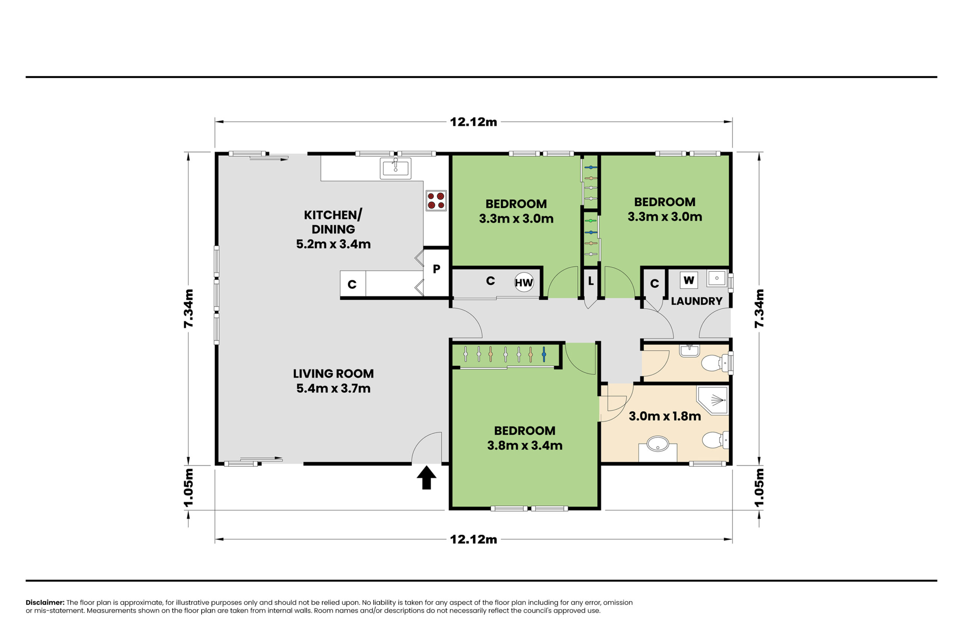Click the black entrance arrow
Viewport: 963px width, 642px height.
pos(426,477)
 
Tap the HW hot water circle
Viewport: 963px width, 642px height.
pos(524,282)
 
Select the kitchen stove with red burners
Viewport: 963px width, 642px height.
pos(436,200)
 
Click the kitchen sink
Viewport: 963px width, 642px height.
pos(395,168)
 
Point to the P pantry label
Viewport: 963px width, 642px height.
pos(436,269)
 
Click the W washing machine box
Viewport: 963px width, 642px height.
pos(689,280)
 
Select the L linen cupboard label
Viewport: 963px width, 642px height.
pos(591,281)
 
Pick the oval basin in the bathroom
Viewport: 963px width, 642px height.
pos(658,444)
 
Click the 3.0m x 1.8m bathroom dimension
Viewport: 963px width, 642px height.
pos(665,416)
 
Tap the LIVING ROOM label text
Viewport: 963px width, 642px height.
pos(333,373)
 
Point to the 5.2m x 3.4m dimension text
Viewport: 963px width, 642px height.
pos(333,244)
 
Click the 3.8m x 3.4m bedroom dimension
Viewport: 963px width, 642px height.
pos(524,445)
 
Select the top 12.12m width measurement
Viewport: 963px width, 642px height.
pos(473,122)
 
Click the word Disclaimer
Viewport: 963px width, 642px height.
pos(45,602)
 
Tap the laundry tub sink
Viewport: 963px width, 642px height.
pos(717,278)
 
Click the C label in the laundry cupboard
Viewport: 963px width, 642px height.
pos(654,283)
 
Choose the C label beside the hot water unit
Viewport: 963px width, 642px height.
pos(491,281)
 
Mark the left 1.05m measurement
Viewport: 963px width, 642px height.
pos(188,488)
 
